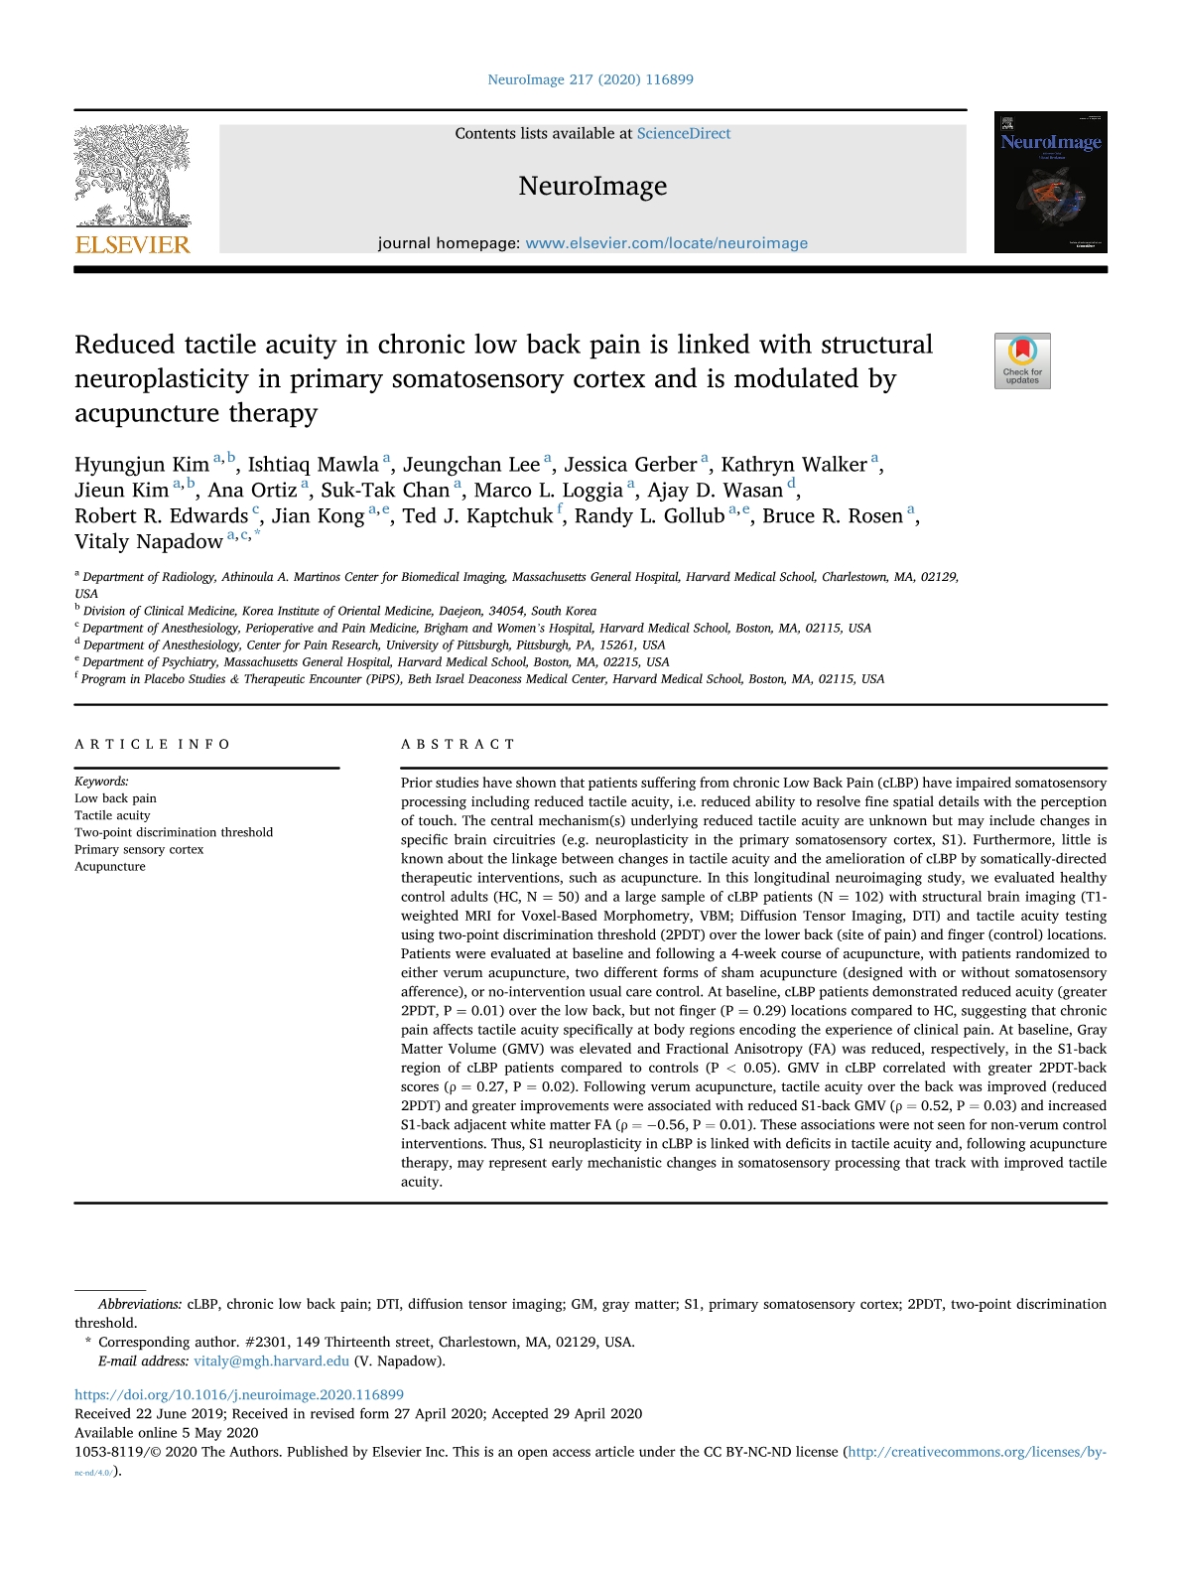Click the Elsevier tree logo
[x=132, y=177]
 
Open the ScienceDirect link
[x=683, y=133]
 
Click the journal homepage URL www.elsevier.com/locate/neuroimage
[x=666, y=243]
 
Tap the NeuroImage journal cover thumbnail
[x=1050, y=182]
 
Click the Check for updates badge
[x=1022, y=360]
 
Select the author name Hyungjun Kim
[x=142, y=465]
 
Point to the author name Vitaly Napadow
[x=149, y=542]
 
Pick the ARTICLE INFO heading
[x=153, y=744]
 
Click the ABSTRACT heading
[x=458, y=744]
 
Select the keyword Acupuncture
[x=110, y=867]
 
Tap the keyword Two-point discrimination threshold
[x=174, y=832]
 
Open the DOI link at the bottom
[x=239, y=1395]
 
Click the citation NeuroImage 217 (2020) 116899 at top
[x=591, y=79]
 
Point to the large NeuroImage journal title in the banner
[x=592, y=187]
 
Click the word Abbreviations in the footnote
[x=140, y=1305]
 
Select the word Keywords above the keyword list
[x=101, y=782]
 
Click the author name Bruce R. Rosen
[x=833, y=516]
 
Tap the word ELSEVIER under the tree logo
[x=132, y=245]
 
